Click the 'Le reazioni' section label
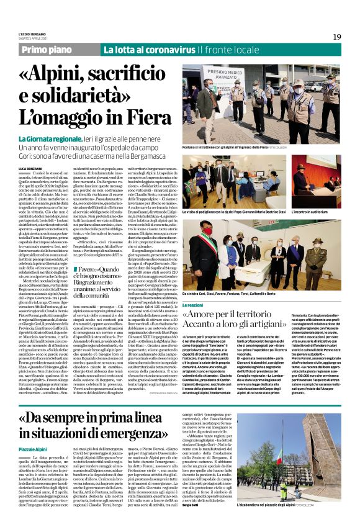(193, 305)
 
